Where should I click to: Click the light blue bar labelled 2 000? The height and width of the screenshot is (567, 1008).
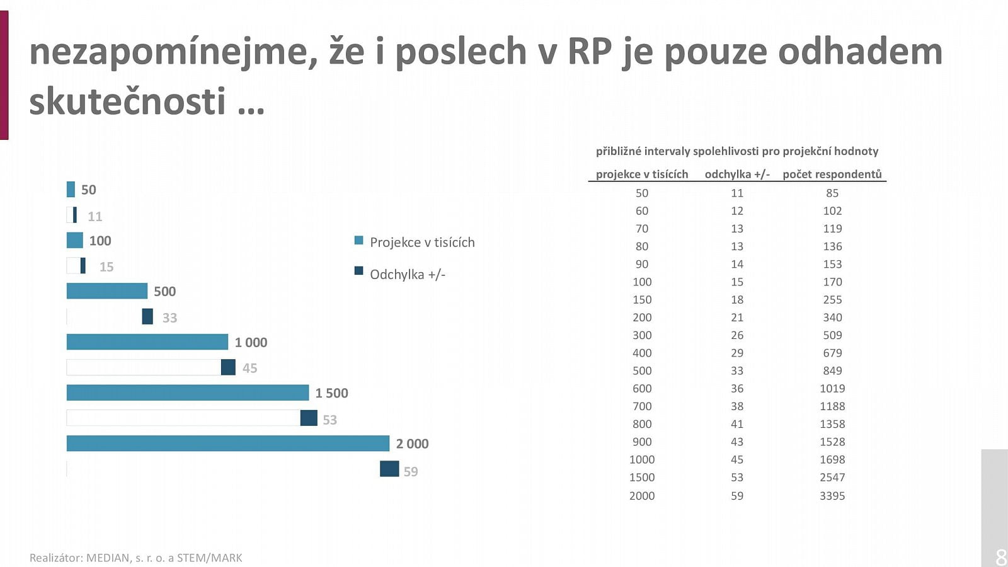click(x=227, y=444)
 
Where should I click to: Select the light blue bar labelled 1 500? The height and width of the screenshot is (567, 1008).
click(x=187, y=393)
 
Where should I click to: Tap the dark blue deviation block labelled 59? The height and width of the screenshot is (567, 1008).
click(x=389, y=469)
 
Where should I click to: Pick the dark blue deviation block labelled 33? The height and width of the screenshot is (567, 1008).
click(x=147, y=316)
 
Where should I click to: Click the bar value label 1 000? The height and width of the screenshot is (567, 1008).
click(x=251, y=343)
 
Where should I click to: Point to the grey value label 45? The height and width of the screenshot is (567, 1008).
click(x=249, y=369)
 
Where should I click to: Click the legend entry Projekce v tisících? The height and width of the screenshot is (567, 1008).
click(x=421, y=243)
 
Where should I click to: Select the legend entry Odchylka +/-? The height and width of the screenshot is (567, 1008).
click(x=407, y=275)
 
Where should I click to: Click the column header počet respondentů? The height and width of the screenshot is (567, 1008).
click(x=832, y=175)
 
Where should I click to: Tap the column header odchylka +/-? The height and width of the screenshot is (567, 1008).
click(x=737, y=175)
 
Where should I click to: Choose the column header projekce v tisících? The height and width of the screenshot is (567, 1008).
click(x=641, y=175)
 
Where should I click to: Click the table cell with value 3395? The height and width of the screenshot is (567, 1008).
click(x=832, y=496)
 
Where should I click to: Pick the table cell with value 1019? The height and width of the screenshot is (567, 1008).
click(x=832, y=389)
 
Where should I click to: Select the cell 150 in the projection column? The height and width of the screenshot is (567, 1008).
click(x=641, y=300)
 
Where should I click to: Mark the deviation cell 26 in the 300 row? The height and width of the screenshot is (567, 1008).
click(x=737, y=335)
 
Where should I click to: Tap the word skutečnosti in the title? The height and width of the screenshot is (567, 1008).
click(x=127, y=101)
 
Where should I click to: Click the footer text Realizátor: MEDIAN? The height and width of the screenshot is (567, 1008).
click(x=135, y=558)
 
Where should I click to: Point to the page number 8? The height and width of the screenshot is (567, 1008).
click(x=1000, y=557)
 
